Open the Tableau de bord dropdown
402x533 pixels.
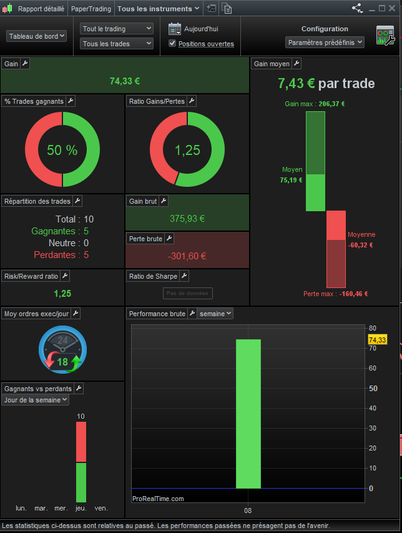[x=37, y=36]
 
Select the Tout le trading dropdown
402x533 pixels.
[x=117, y=29]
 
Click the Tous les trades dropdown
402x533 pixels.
[x=117, y=43]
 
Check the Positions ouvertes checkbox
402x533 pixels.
[x=172, y=43]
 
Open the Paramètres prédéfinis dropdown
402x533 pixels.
[x=325, y=42]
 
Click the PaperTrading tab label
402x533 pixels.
[x=91, y=9]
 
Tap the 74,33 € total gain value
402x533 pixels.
[x=125, y=81]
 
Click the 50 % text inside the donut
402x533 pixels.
[x=62, y=150]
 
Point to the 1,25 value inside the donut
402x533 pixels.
[x=187, y=150]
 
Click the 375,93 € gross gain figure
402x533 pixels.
[x=187, y=219]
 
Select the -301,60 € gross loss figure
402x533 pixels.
[x=187, y=256]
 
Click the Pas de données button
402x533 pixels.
[x=188, y=293]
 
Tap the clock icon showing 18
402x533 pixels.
[x=62, y=348]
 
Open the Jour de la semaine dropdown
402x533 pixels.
[x=36, y=400]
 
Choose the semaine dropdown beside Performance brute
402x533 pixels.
[x=215, y=313]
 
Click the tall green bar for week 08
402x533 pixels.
[x=248, y=412]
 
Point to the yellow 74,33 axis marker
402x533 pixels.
[x=378, y=339]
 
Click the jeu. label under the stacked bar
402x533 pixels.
[x=81, y=508]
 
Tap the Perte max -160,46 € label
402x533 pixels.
[x=335, y=294]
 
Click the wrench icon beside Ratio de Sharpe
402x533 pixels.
[x=184, y=276]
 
